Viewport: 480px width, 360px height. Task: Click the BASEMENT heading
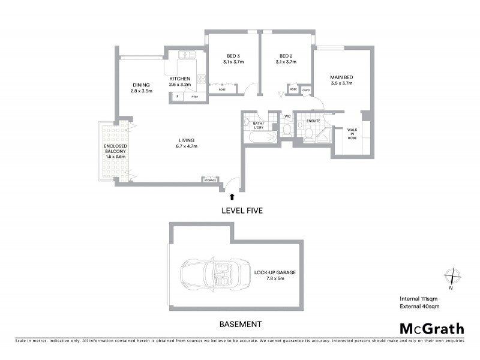pyautogui.click(x=240, y=325)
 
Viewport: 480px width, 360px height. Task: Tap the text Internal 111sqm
pyautogui.click(x=419, y=298)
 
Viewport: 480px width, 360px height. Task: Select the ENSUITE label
pyautogui.click(x=313, y=121)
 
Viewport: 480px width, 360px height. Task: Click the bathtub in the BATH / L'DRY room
pyautogui.click(x=259, y=137)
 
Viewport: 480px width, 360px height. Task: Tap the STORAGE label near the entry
pyautogui.click(x=210, y=179)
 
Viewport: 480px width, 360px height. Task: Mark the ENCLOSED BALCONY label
pyautogui.click(x=113, y=151)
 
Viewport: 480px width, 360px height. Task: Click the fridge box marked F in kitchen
pyautogui.click(x=178, y=97)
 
